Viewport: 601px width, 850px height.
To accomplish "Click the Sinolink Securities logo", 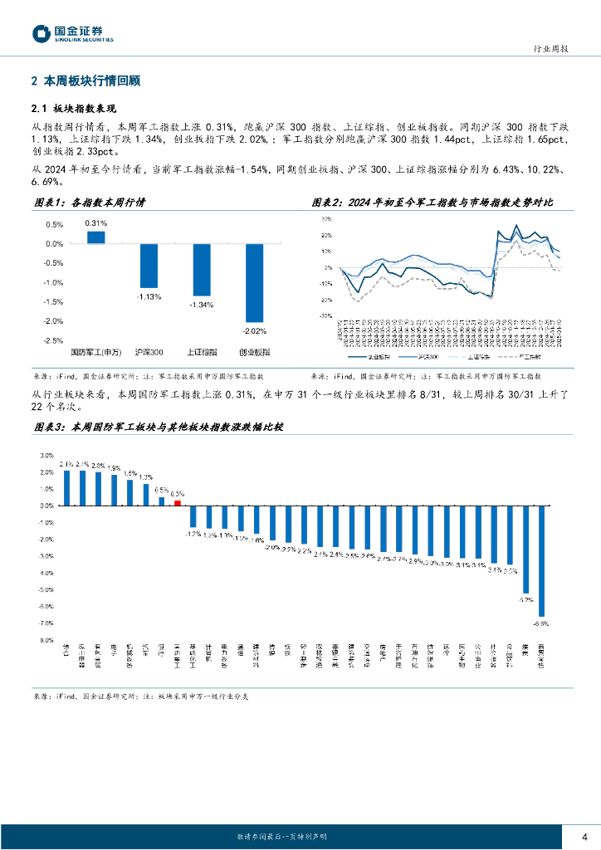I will (73, 33).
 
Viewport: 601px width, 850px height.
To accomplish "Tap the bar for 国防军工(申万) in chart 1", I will (96, 237).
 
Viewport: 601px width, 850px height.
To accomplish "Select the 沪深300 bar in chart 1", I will (149, 266).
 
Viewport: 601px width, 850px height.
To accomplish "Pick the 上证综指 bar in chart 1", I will (201, 270).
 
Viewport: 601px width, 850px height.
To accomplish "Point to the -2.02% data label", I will (254, 331).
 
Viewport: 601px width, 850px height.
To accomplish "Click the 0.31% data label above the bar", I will (96, 223).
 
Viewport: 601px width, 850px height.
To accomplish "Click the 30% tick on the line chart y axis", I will (325, 219).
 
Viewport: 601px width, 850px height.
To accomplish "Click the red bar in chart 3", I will (177, 501).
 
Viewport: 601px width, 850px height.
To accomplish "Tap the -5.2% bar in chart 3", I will (525, 549).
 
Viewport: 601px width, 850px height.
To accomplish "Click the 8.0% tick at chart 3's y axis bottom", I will (47, 640).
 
